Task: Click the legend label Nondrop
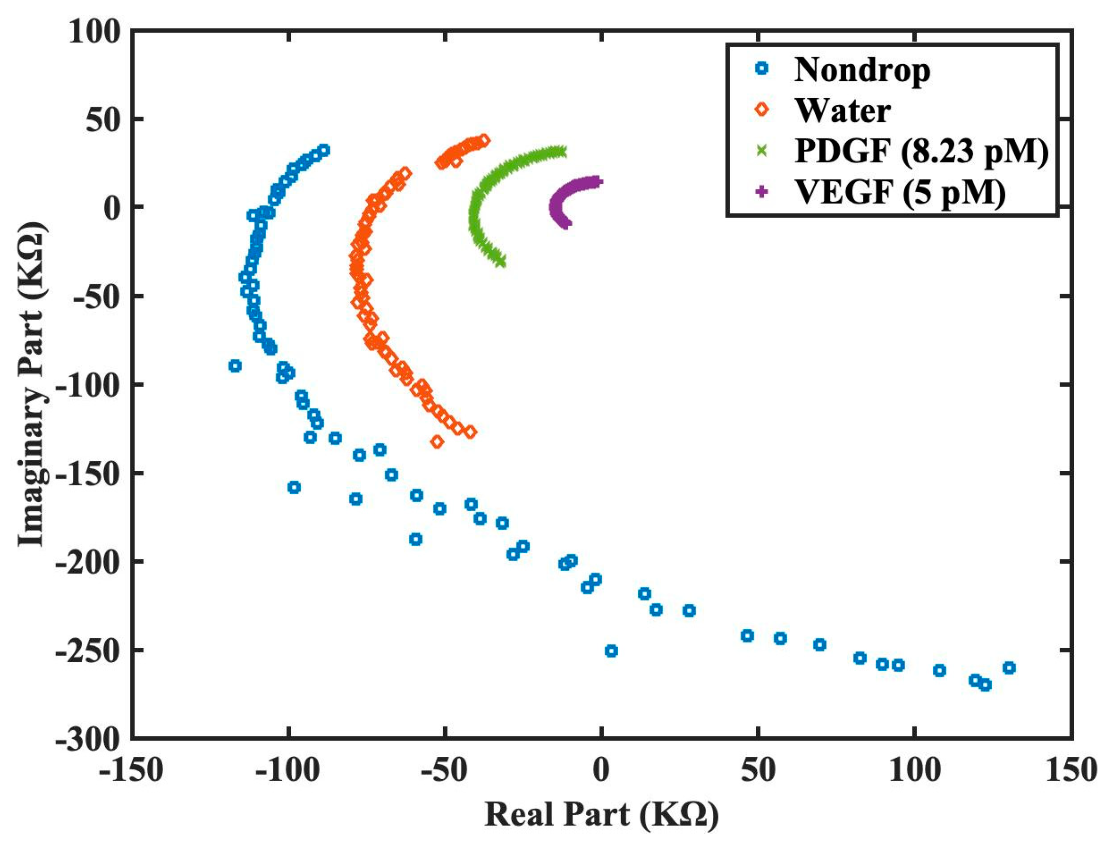tap(861, 69)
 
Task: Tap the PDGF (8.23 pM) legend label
tap(921, 150)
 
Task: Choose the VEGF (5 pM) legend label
tap(900, 192)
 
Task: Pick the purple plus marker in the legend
tap(761, 192)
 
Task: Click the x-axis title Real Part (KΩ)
tap(602, 816)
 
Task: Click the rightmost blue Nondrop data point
tap(1009, 668)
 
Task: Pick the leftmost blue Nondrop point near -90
tap(235, 366)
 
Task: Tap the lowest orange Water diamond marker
tap(437, 442)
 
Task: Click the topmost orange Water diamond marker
tap(485, 140)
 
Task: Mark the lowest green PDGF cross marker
tap(501, 262)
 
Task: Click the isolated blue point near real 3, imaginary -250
tap(612, 651)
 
